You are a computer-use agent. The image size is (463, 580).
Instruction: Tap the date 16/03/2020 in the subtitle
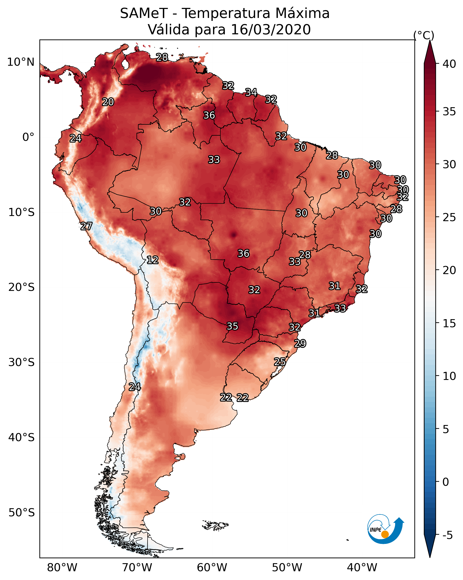coord(271,30)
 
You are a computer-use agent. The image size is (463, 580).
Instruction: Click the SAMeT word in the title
coord(144,13)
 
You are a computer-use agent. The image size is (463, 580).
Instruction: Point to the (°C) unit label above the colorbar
coord(424,35)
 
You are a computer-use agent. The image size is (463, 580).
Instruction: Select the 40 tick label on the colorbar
coord(449,64)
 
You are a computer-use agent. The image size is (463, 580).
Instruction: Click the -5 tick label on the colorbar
coord(448,535)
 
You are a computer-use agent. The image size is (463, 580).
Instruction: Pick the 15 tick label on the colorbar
coord(449,324)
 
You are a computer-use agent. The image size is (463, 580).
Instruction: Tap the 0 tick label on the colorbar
coord(446,482)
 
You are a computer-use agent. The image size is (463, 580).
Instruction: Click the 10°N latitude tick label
coord(21,62)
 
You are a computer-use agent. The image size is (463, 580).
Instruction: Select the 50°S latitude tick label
coord(22,513)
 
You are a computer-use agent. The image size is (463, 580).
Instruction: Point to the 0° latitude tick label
coord(28,137)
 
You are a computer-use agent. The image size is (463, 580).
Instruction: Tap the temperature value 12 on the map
coord(152,260)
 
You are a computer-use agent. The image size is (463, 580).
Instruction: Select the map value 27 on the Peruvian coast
coord(86,226)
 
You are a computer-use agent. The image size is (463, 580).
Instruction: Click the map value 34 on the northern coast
coord(251,92)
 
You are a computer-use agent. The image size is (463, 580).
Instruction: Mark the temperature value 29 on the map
coord(300,344)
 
